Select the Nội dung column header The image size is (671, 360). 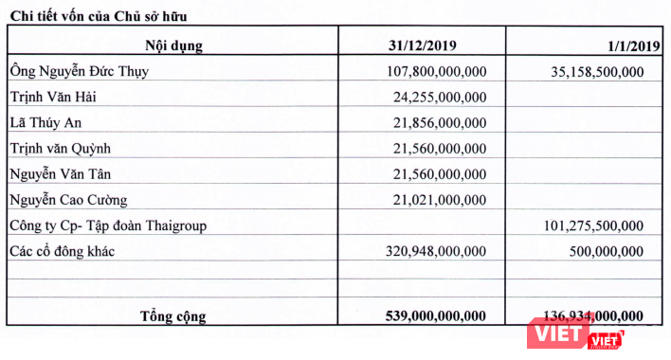click(x=173, y=45)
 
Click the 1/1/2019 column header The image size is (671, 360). click(x=631, y=45)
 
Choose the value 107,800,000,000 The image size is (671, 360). click(x=437, y=71)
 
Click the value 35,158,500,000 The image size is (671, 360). click(x=596, y=71)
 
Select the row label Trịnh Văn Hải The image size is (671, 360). click(x=54, y=97)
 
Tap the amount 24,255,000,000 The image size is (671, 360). click(x=441, y=97)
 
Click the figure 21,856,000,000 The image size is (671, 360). click(x=441, y=122)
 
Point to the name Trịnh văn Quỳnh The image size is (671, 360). click(x=62, y=148)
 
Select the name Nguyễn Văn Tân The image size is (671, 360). click(x=60, y=173)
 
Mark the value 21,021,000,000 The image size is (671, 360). click(x=441, y=199)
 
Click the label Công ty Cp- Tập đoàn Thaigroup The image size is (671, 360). click(x=107, y=225)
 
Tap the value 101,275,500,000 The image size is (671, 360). click(x=592, y=225)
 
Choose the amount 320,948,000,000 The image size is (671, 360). click(x=437, y=250)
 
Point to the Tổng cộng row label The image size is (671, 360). click(x=172, y=315)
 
